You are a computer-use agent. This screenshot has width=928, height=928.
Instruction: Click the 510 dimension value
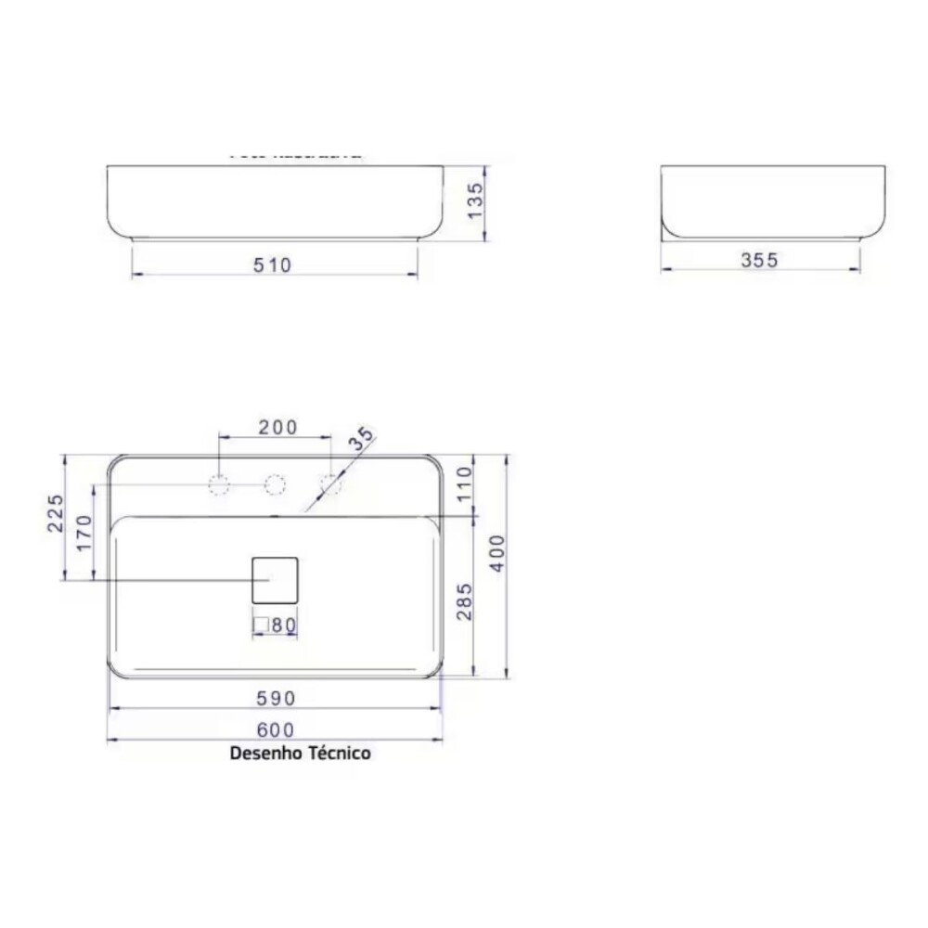pos(273,265)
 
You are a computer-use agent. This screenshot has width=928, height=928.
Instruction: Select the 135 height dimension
pos(474,202)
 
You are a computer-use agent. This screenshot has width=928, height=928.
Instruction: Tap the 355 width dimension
pos(759,261)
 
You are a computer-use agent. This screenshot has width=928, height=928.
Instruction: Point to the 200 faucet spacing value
pos(277,427)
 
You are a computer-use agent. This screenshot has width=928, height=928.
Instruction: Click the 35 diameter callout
pos(362,439)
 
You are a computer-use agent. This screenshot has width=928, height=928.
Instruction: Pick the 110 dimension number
pos(465,483)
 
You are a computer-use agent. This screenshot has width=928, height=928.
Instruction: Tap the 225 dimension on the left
pos(55,513)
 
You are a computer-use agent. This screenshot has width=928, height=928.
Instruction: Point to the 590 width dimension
pos(275,697)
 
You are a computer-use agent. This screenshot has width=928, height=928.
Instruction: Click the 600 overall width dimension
pos(275,729)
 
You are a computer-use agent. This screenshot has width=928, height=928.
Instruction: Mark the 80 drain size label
pos(284,625)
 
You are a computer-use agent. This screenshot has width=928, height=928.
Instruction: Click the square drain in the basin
pos(275,579)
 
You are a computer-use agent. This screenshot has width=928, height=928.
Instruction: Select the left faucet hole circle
pos(219,484)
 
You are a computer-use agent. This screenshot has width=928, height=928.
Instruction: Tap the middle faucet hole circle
pos(275,484)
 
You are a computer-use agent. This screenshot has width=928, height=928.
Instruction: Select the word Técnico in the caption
pos(339,753)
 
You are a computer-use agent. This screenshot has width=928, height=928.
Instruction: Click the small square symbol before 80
pos(262,625)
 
